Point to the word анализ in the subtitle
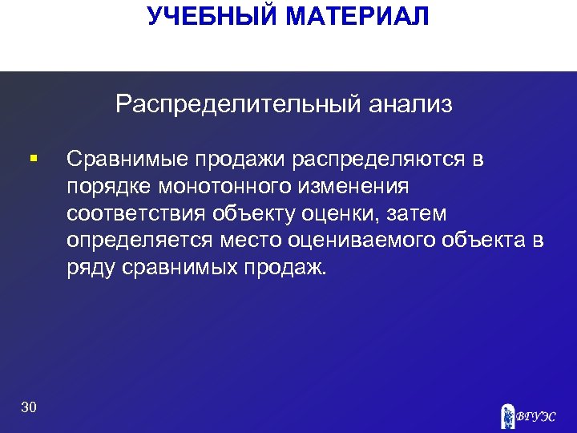pos(410,104)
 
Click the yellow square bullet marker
pos(32,160)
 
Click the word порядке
pos(107,187)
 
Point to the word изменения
pos(356,187)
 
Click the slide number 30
pos(29,408)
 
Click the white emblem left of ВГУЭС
pos(506,414)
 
